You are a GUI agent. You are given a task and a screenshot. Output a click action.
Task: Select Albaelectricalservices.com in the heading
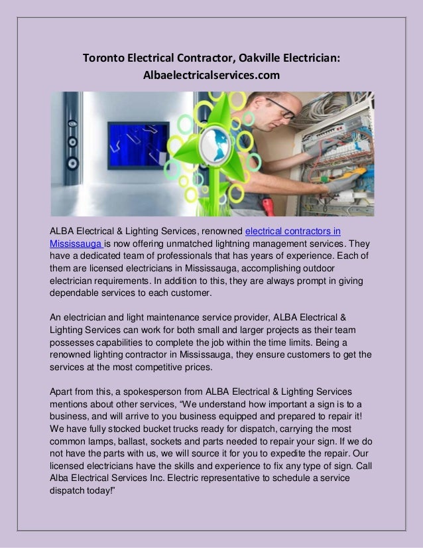pos(211,77)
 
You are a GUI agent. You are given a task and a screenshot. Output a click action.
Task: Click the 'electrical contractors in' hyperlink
pos(293,232)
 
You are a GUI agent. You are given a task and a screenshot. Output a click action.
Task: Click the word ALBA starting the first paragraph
pos(64,232)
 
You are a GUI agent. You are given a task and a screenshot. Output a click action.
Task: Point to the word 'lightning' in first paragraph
pos(226,243)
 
